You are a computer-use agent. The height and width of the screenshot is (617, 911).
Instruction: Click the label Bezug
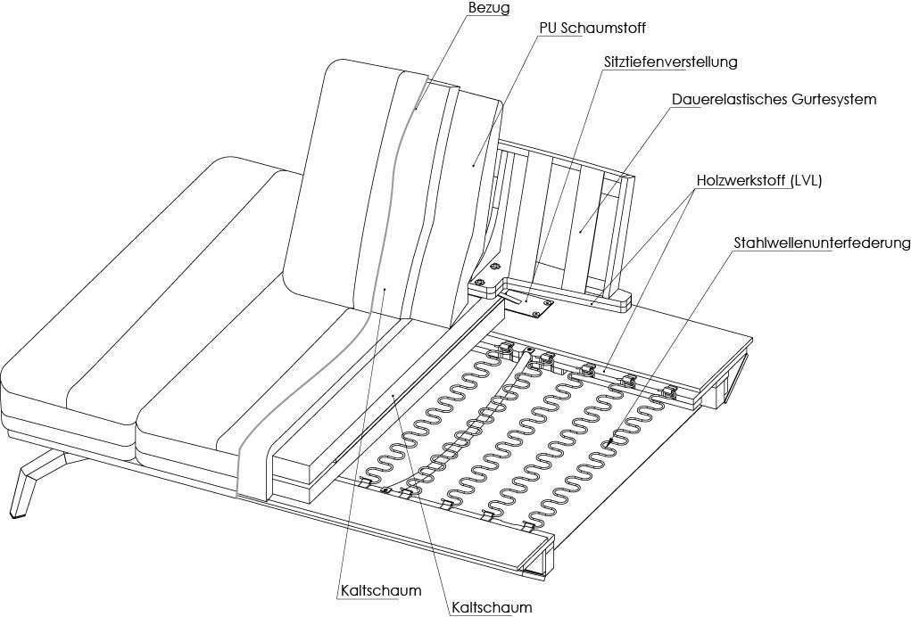(x=488, y=8)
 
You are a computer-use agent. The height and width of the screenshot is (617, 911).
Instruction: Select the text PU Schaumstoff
(x=592, y=28)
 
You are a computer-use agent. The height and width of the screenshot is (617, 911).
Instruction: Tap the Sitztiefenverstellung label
(x=670, y=62)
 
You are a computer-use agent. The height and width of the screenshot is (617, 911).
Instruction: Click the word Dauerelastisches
(x=727, y=99)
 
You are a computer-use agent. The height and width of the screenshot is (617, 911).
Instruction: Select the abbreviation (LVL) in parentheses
(x=805, y=180)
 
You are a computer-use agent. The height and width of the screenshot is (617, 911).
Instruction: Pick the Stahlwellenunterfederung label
(x=822, y=243)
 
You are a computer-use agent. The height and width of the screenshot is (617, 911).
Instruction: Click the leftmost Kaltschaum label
(x=381, y=590)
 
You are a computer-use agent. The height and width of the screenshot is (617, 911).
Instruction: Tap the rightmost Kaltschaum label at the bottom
(x=492, y=607)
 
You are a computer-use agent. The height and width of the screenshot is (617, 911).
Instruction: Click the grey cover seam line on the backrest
(x=393, y=178)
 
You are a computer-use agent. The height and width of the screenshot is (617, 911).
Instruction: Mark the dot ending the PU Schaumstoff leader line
(x=472, y=164)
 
